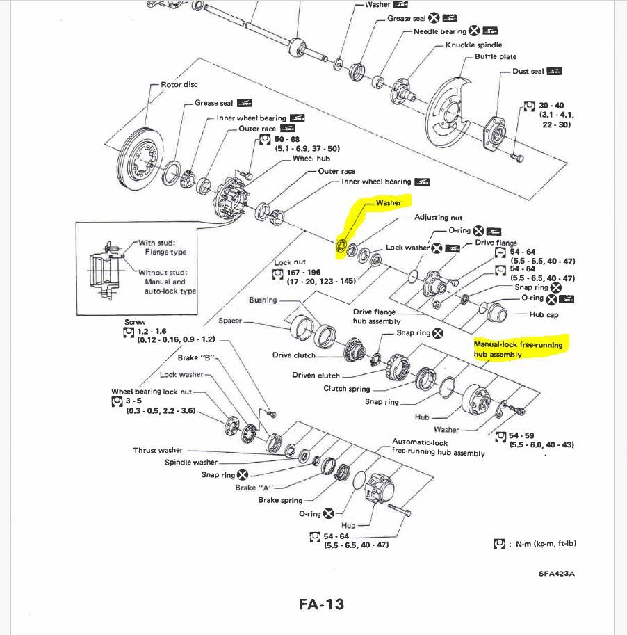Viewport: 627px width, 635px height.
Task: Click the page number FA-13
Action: (321, 604)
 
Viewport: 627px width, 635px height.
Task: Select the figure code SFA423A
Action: (557, 574)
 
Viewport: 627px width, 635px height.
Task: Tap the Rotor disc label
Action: (179, 85)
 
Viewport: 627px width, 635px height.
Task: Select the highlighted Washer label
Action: (389, 202)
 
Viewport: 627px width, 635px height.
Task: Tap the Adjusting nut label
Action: (438, 218)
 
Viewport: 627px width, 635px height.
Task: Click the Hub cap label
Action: (544, 314)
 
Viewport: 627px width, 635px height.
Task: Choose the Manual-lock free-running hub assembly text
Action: (517, 349)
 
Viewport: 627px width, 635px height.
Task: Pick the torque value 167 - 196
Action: (304, 272)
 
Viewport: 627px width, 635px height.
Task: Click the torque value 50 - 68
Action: (287, 140)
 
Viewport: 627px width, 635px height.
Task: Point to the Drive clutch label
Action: (293, 355)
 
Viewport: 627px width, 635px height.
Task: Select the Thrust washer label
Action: (159, 450)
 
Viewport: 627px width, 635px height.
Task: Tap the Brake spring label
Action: (280, 500)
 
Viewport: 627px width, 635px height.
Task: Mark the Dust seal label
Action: (529, 71)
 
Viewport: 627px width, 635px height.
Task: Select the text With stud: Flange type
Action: (163, 248)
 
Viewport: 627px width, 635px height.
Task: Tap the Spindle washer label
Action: (190, 462)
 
